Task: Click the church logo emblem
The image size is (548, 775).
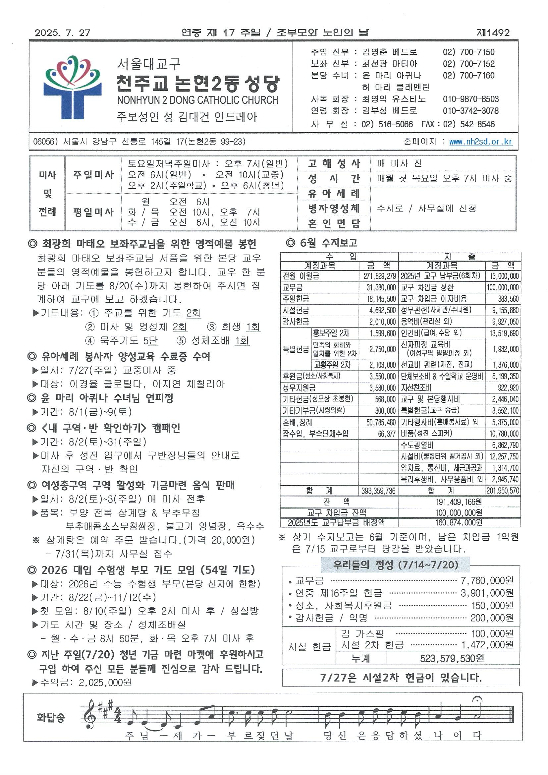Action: (x=72, y=87)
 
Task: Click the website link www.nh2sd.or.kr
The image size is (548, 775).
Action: (x=480, y=142)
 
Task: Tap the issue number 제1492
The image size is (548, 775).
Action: (x=493, y=33)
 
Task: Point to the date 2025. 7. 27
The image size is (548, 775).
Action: (x=63, y=33)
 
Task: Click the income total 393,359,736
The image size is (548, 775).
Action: (x=378, y=491)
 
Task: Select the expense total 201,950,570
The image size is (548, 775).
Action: (x=503, y=491)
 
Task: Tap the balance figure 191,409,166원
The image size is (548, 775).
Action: (x=459, y=502)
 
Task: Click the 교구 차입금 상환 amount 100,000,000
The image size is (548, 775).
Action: (x=503, y=288)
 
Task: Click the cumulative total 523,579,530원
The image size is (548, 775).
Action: (x=452, y=658)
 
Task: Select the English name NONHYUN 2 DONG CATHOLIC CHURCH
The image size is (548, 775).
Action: (x=198, y=100)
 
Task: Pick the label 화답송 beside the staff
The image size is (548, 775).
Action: (x=51, y=717)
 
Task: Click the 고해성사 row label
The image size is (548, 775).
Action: (x=334, y=164)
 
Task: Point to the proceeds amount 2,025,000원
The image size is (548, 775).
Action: (x=105, y=683)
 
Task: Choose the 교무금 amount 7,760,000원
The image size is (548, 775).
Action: (x=487, y=580)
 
